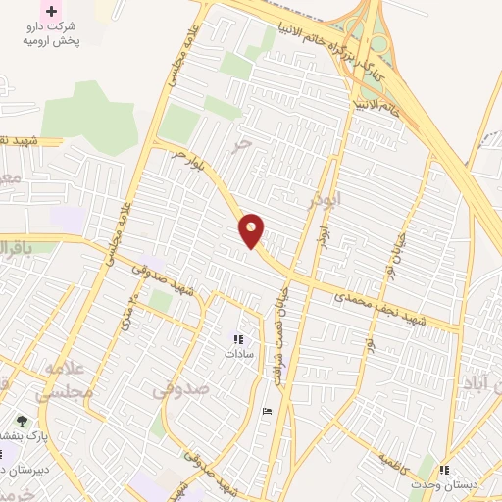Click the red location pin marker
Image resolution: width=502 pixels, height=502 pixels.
tap(252, 230)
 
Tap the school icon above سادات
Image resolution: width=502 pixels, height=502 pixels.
tap(238, 338)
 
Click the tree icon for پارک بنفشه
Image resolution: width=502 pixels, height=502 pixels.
tap(22, 420)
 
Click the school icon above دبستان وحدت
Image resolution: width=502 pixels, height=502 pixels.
tap(444, 471)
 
